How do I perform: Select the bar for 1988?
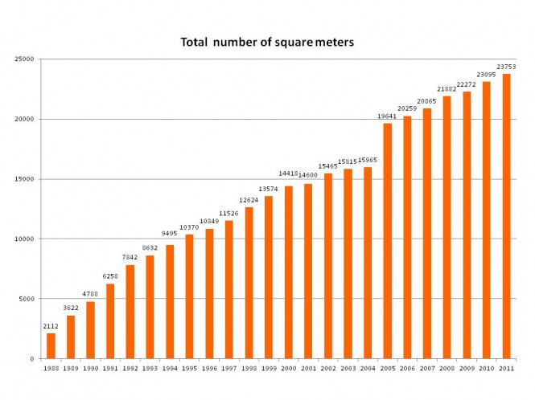tap(51, 345)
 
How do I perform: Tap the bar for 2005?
tap(388, 241)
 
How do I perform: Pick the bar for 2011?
tap(506, 216)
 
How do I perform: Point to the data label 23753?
tap(506, 67)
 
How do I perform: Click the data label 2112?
tap(50, 327)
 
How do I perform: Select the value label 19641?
tap(387, 116)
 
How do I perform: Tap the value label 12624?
tap(249, 201)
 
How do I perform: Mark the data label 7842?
tap(130, 258)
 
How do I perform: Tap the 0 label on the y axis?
tap(31, 359)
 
